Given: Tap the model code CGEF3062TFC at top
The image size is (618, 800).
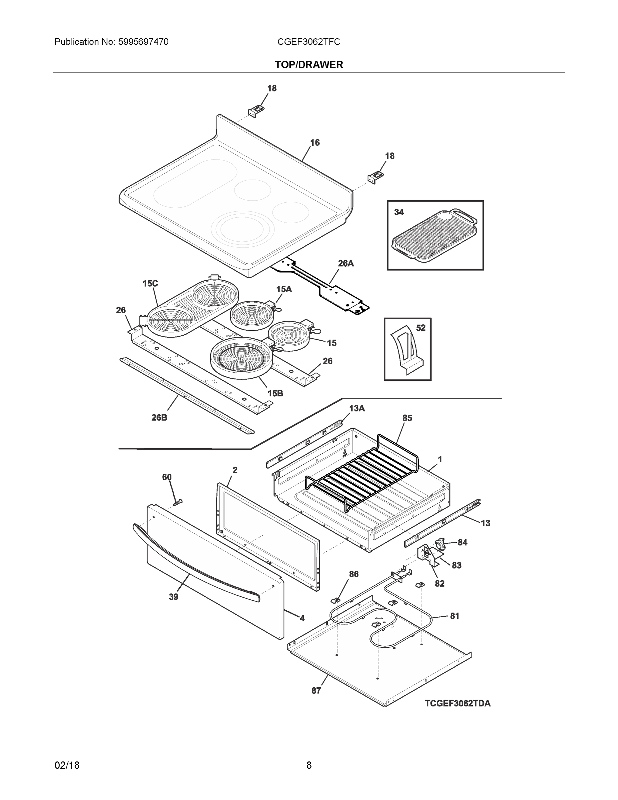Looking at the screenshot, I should (x=308, y=42).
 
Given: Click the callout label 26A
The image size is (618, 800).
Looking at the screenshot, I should (x=345, y=263).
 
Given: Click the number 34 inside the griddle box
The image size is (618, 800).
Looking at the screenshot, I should (x=399, y=212).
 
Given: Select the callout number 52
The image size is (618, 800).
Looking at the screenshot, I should (x=421, y=328).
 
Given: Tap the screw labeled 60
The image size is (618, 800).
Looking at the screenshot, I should (x=178, y=503).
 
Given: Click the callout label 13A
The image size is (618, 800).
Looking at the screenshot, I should (x=356, y=408).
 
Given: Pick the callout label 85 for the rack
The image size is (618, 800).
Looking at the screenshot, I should (x=407, y=418).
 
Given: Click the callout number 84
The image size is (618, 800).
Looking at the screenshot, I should (x=462, y=542).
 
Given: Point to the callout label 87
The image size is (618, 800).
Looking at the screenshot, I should (x=316, y=690).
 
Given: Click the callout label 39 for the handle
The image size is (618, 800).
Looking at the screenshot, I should (x=173, y=597).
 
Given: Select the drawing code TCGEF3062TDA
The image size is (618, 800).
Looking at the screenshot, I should (x=457, y=703).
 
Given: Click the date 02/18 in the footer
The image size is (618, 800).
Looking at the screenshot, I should (x=67, y=765).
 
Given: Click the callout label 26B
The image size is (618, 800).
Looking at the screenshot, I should (x=159, y=417).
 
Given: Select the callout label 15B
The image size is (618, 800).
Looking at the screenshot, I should (x=275, y=393).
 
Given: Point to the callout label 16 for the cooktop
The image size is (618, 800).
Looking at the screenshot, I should (x=315, y=142).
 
